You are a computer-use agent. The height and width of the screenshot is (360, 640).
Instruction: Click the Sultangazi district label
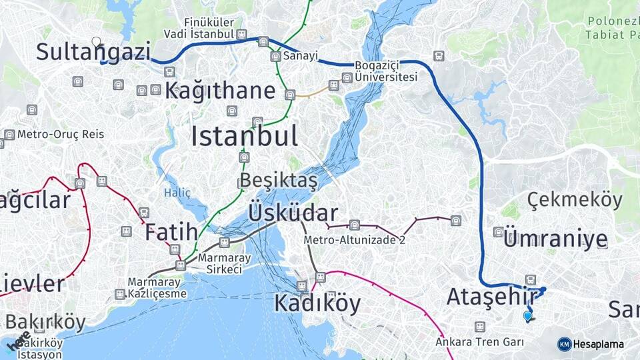pos(93,53)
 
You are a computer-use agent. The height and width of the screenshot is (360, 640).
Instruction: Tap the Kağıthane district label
pos(220,91)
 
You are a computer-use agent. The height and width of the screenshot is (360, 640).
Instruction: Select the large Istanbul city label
pos(244,137)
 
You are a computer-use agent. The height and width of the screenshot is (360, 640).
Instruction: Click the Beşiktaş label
pos(279,181)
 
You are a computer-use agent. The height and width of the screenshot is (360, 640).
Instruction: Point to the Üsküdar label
pos(293,213)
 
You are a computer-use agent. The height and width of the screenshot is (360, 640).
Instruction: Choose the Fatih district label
pos(171,232)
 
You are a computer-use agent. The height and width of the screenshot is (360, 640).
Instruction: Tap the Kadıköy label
pos(317,304)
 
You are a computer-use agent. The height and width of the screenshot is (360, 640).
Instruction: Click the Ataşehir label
pos(492,296)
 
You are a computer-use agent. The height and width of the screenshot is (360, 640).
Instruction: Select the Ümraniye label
pos(555,239)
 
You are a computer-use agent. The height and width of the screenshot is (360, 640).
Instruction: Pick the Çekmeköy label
pos(575,199)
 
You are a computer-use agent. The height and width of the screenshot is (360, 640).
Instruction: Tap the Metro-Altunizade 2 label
pos(354,240)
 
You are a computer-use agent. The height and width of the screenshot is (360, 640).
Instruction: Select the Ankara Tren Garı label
pos(479,342)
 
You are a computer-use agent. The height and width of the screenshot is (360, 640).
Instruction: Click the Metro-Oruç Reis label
pos(61,134)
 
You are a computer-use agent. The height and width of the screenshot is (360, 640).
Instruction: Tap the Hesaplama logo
pos(591,344)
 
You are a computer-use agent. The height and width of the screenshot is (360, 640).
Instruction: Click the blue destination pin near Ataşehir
pos(527,316)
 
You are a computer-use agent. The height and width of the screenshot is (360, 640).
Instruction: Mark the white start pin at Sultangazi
pos(97,42)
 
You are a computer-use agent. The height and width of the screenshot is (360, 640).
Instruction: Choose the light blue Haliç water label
pos(177,193)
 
